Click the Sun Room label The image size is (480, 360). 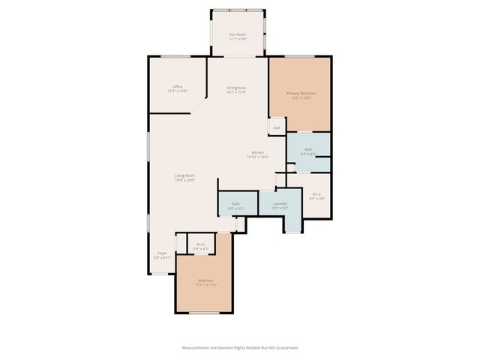pyautogui.click(x=238, y=34)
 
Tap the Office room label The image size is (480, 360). pyautogui.click(x=178, y=86)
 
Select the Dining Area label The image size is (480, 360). pyautogui.click(x=237, y=88)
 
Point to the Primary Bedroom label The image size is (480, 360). pyautogui.click(x=301, y=93)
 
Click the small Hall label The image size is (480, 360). pyautogui.click(x=277, y=127)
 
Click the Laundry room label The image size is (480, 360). pyautogui.click(x=280, y=203)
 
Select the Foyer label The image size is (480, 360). pyautogui.click(x=162, y=253)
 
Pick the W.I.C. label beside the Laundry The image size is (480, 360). pyautogui.click(x=317, y=194)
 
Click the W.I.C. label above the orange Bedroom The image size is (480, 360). pyautogui.click(x=202, y=244)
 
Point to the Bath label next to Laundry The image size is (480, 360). pyautogui.click(x=235, y=203)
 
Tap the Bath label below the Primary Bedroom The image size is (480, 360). pyautogui.click(x=308, y=149)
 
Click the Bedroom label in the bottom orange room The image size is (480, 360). pyautogui.click(x=205, y=280)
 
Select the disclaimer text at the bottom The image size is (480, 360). pyautogui.click(x=240, y=347)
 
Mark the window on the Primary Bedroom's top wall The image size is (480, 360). pyautogui.click(x=299, y=56)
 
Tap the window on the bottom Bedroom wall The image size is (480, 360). pyautogui.click(x=204, y=313)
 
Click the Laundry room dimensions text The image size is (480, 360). pyautogui.click(x=280, y=208)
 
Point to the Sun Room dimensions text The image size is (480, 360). pyautogui.click(x=238, y=38)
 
